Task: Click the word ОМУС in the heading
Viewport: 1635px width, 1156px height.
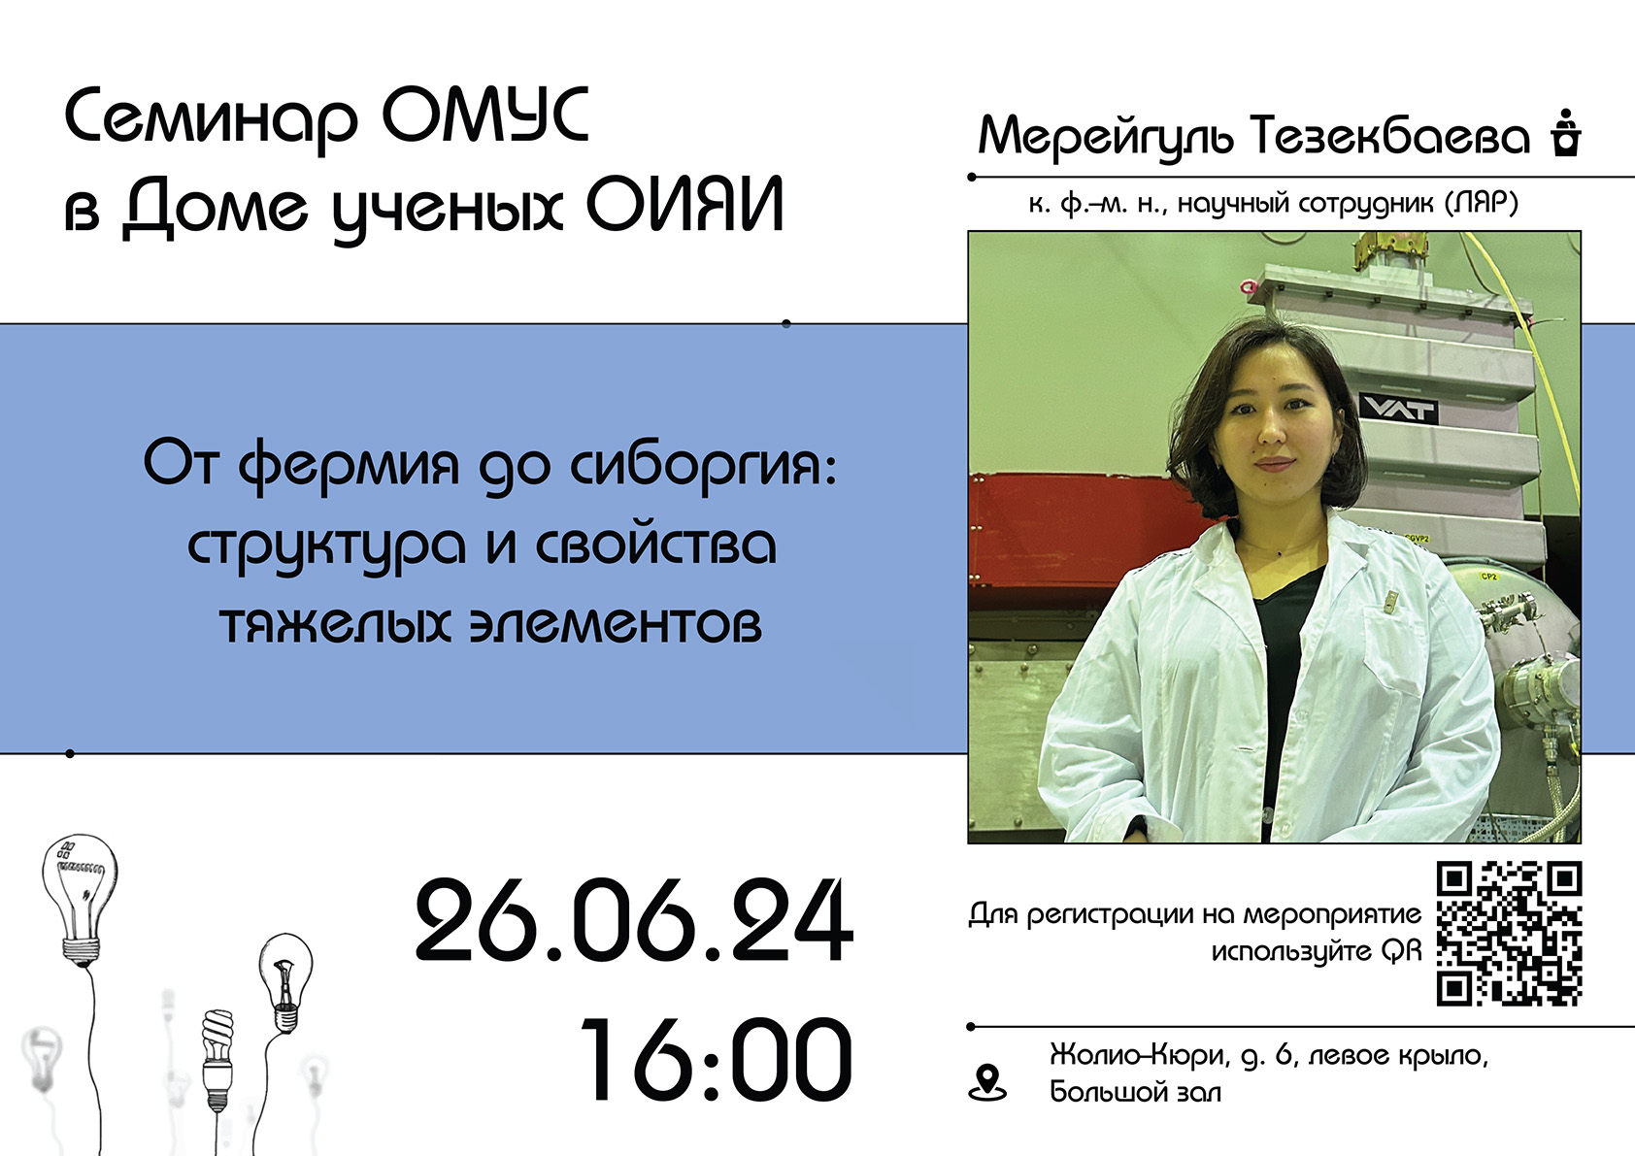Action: [485, 116]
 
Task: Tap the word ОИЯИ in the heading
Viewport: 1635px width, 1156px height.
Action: [684, 205]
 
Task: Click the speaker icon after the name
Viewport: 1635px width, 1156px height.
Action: [1565, 134]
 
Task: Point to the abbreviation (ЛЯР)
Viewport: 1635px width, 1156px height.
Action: [1482, 203]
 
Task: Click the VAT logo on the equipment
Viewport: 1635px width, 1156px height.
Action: [1398, 410]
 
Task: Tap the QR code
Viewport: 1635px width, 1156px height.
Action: [1509, 934]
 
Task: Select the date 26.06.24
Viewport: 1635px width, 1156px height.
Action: [634, 920]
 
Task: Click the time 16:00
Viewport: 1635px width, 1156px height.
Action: [717, 1060]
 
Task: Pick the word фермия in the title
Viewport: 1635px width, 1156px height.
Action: [349, 466]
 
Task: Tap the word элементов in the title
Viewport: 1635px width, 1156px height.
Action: [616, 625]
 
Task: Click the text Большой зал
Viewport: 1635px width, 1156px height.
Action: [1135, 1092]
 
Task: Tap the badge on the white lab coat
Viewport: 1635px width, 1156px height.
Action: [1391, 600]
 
